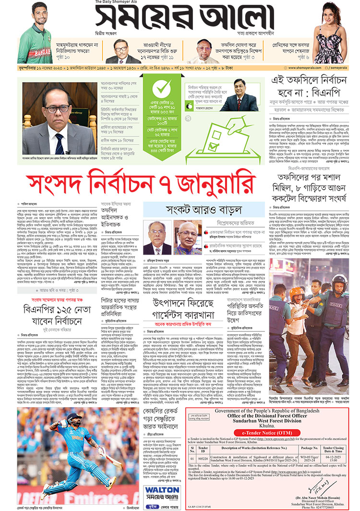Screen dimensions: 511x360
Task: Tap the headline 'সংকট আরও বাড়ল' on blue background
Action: point(204,209)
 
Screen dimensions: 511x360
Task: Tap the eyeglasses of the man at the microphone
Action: point(59,109)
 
